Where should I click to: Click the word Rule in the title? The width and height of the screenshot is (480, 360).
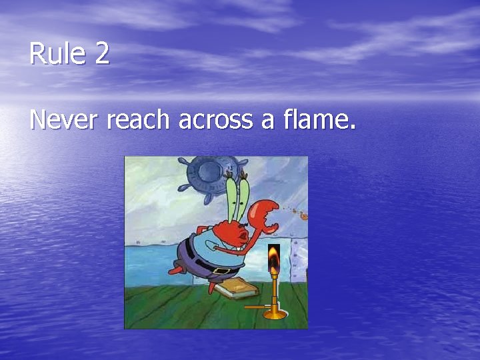pos(58,54)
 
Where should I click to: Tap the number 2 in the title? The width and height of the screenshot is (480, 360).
pos(102,54)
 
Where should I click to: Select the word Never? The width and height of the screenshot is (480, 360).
pos(65,120)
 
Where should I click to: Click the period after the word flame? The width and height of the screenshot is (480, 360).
pos(353,128)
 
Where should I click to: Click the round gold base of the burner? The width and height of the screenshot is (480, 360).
pos(275,313)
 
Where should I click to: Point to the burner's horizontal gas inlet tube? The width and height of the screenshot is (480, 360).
pos(256,307)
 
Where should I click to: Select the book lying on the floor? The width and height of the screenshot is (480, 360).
pos(233,289)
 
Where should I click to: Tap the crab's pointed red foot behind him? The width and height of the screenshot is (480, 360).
pos(176,269)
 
